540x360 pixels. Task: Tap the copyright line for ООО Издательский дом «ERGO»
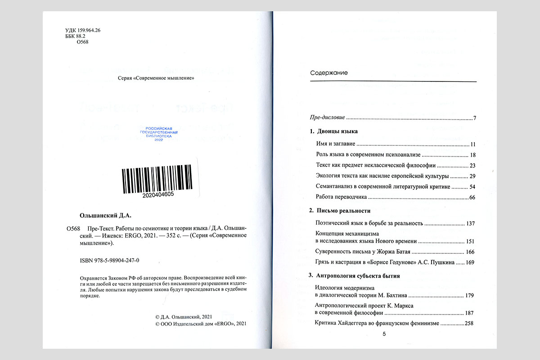coord(201,324)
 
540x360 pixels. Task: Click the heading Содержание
coord(328,73)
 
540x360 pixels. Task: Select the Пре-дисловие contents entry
coord(328,118)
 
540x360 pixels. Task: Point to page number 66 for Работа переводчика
coord(472,198)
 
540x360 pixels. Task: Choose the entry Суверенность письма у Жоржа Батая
coord(364,252)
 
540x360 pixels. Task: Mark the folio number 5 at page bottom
coord(384,334)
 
